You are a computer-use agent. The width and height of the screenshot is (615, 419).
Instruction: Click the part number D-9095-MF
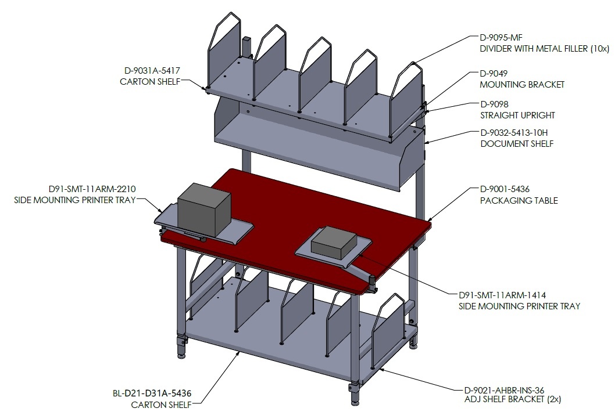[501, 38]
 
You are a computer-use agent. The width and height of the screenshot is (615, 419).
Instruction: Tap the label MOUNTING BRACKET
[522, 85]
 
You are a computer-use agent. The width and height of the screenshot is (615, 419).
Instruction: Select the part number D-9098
[494, 104]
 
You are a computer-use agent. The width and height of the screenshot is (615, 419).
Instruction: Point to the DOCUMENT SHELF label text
[517, 144]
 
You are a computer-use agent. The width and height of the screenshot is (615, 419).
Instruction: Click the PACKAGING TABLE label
[519, 200]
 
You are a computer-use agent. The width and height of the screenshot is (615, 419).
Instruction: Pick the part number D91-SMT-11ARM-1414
[502, 295]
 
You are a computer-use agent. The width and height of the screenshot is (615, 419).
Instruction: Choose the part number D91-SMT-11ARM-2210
[92, 189]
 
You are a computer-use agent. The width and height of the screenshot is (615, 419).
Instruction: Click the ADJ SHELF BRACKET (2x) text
[513, 399]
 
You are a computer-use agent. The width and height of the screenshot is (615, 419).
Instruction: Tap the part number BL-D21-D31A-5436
[152, 393]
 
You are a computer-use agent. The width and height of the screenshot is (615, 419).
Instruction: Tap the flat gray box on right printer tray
[334, 243]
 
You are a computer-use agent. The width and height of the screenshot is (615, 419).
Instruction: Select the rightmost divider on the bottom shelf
[388, 331]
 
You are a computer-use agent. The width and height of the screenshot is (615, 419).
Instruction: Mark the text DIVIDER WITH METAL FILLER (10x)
[545, 49]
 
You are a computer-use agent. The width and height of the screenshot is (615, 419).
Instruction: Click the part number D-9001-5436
[505, 189]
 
